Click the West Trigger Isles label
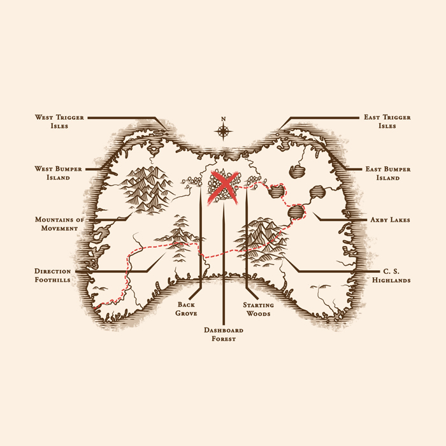point(59,122)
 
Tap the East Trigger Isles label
point(387,122)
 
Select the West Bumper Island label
point(59,173)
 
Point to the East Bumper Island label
point(388,173)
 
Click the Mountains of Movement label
point(59,224)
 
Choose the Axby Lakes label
point(390,220)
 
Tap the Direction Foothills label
point(53,275)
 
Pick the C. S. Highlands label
point(391,276)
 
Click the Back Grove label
point(186,309)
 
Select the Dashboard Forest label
point(224,334)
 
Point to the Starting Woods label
point(258,309)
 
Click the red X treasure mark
point(224,187)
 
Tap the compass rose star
point(223,131)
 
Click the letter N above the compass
point(223,119)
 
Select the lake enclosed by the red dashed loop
point(276,191)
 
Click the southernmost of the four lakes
point(296,212)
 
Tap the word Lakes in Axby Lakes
point(399,220)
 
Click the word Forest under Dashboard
point(224,339)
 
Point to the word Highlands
point(391,280)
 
